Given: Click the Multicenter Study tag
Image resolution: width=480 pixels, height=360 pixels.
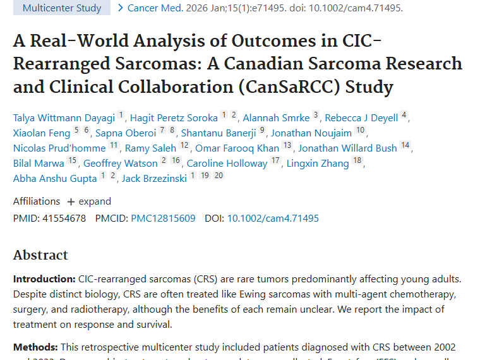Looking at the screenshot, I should pos(61,8).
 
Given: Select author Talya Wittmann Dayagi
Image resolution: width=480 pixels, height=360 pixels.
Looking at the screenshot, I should pos(64,118).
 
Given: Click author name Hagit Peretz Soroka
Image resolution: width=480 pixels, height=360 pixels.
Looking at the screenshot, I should pos(174,118).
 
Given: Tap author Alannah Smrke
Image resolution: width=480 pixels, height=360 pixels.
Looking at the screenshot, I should pos(276,118).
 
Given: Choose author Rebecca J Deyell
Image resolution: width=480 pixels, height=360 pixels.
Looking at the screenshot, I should pos(361,118).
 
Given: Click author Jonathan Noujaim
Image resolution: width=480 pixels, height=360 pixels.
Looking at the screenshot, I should pos(310,133).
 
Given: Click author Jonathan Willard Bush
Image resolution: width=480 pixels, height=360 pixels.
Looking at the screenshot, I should pos(347,148).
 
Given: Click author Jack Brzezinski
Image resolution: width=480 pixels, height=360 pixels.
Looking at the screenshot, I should pos(153,179).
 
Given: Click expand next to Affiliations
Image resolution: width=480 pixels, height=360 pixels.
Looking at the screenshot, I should pos(89,201).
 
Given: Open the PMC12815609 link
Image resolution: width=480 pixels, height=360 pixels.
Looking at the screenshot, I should pos(163,219).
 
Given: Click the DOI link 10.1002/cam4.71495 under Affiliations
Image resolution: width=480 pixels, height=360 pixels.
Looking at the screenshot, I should pos(273,219).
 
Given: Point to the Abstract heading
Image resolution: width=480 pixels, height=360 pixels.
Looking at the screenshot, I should pos(40,255).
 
